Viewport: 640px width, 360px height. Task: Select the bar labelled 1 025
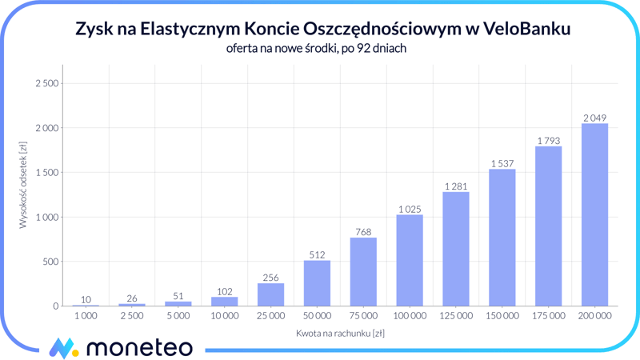(x=410, y=260)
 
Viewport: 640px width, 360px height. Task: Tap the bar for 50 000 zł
(x=317, y=283)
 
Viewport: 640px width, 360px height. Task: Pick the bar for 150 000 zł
(x=502, y=238)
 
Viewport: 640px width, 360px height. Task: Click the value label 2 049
(x=594, y=118)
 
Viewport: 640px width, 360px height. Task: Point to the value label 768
(x=363, y=233)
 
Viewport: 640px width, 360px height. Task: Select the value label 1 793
(x=548, y=142)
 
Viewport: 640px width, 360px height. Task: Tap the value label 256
(x=270, y=278)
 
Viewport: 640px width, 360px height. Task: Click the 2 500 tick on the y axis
(x=47, y=83)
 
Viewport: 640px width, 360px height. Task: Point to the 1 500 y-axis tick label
(x=47, y=173)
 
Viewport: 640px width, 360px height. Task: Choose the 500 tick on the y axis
(x=51, y=262)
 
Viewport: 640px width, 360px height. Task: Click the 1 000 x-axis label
(x=86, y=316)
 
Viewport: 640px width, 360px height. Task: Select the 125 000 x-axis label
(x=455, y=316)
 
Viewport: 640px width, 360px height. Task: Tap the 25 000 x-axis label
(x=270, y=316)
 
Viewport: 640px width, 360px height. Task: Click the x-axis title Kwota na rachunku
(x=340, y=333)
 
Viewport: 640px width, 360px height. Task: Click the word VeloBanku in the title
(x=527, y=30)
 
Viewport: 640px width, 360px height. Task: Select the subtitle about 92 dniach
(x=317, y=50)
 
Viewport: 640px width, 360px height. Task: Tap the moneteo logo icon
(x=62, y=347)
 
